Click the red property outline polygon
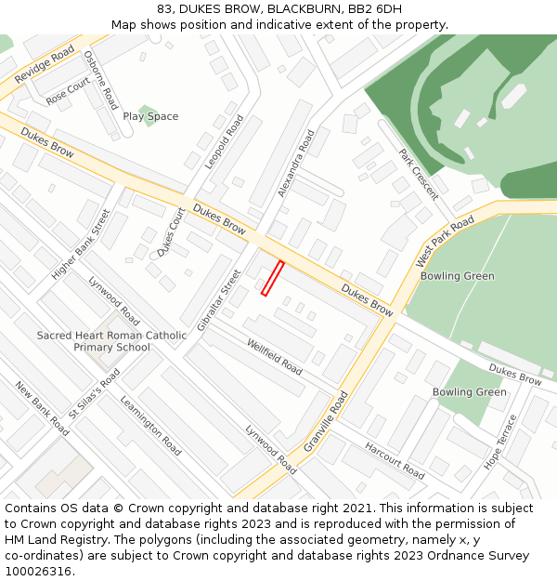click(273, 278)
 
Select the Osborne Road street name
click(101, 79)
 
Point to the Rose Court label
click(68, 91)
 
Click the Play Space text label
click(150, 116)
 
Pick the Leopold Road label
click(225, 141)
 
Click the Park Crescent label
click(418, 174)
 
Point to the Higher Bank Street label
click(81, 244)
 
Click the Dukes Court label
click(172, 231)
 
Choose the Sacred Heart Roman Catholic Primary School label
click(111, 341)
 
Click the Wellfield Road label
click(275, 357)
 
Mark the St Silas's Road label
click(95, 393)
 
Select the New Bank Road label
click(42, 408)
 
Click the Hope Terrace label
click(499, 442)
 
